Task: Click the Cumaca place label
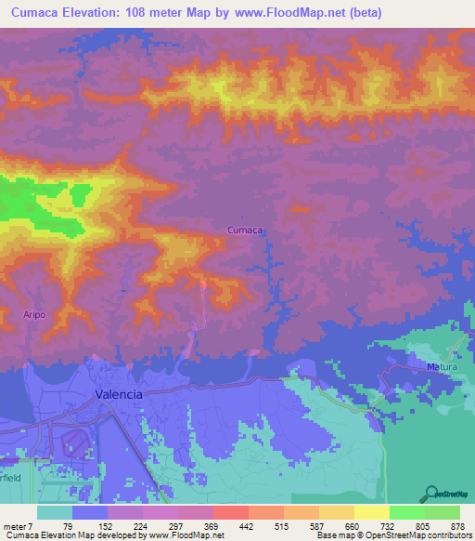247,230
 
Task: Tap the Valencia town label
120,394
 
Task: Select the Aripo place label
34,315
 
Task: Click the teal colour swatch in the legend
54,512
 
